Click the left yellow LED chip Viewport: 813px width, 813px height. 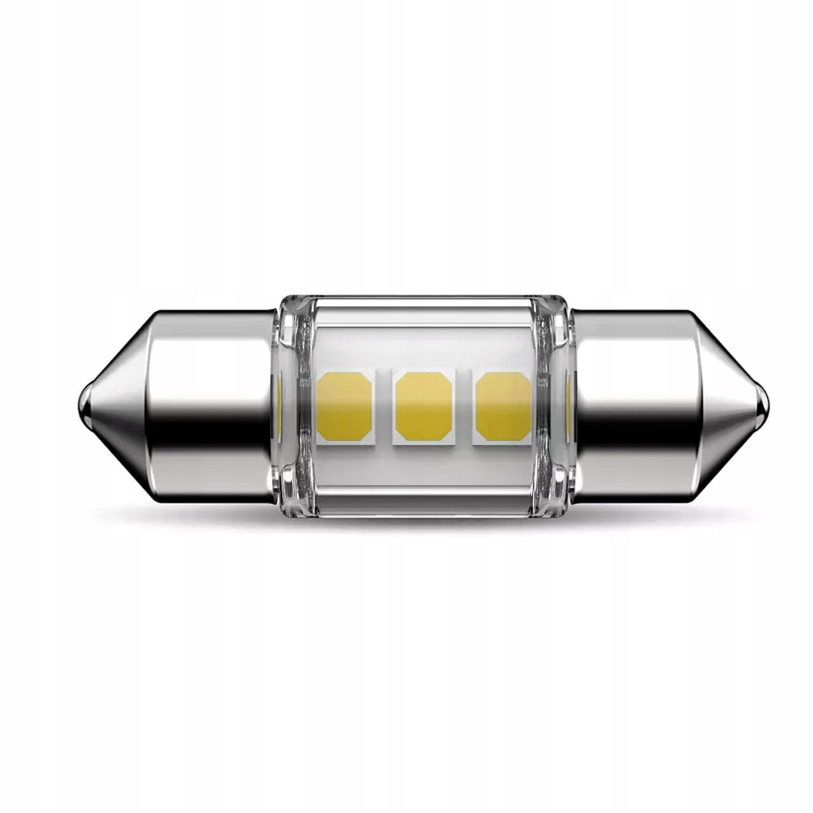[x=344, y=406]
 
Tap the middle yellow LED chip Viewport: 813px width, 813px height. [x=423, y=406]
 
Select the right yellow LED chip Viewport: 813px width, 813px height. [x=503, y=406]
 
